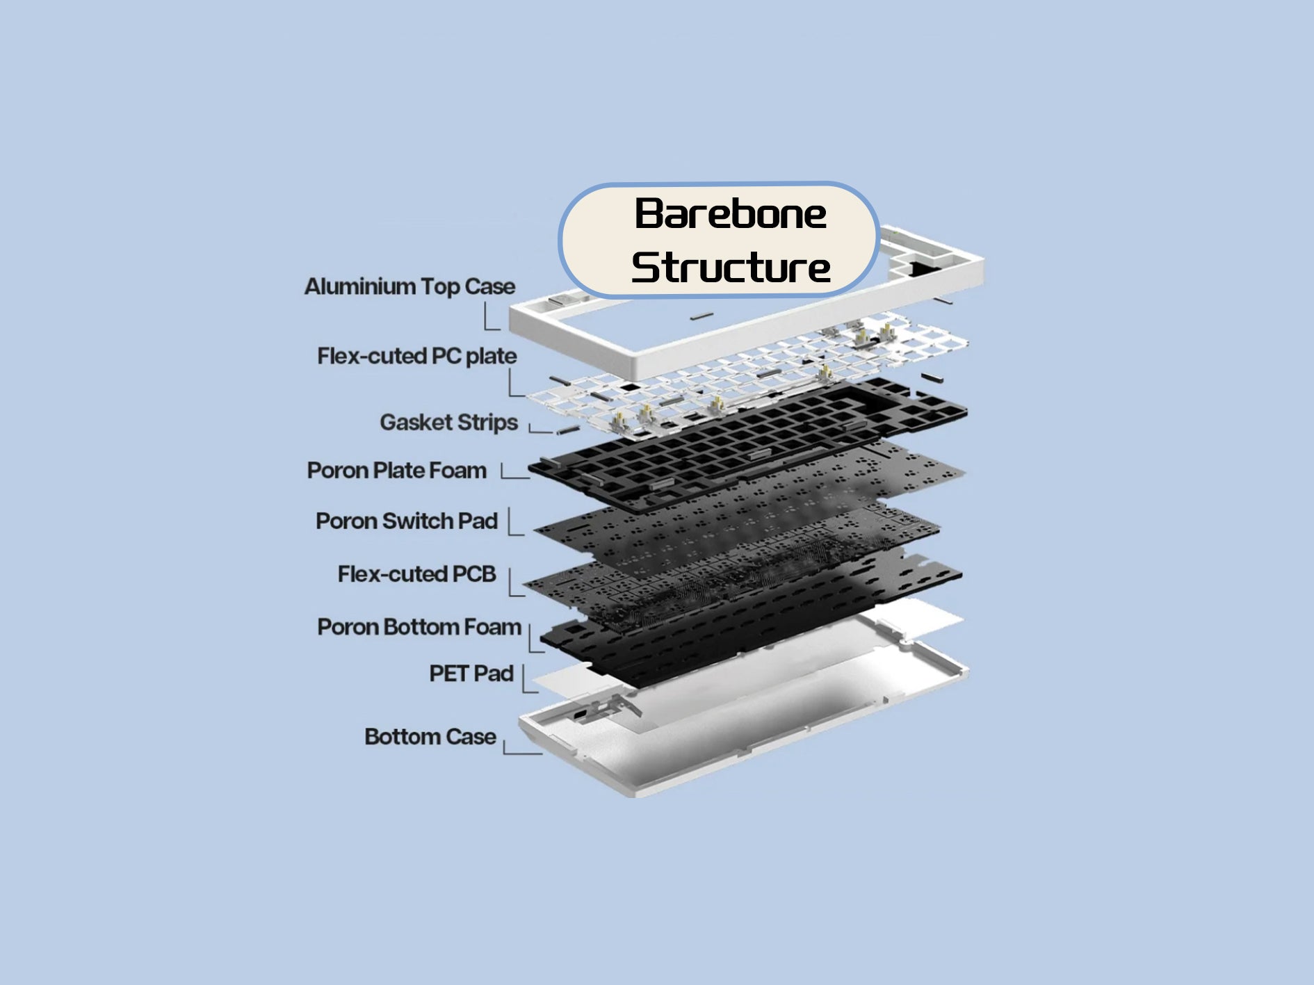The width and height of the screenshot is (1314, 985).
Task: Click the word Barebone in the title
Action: (730, 213)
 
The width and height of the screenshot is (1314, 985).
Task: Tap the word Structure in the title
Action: (731, 268)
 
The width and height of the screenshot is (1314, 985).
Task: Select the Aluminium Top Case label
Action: (409, 286)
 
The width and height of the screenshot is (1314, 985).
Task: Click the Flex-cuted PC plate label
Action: (417, 356)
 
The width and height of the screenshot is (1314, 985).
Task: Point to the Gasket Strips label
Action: (448, 422)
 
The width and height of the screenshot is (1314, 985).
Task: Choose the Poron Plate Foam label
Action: (396, 471)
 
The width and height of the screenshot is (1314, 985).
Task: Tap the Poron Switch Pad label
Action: (407, 521)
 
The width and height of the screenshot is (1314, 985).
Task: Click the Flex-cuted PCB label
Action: (416, 574)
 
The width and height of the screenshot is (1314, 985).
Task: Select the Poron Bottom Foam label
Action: (419, 627)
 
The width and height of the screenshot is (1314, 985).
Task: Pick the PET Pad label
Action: (471, 674)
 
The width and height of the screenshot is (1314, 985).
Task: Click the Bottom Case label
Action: (430, 737)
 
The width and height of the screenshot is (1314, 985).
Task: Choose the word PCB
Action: (474, 574)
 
